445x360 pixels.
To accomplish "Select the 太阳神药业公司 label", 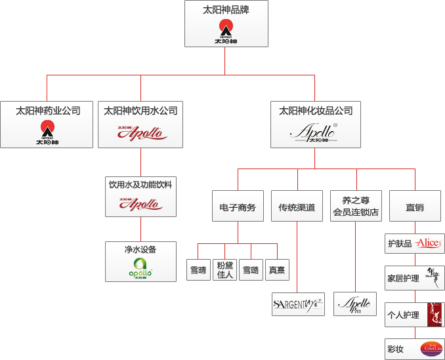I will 48,111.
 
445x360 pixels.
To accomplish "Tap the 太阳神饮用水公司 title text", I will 141,111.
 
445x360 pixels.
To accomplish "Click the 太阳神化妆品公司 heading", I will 316,111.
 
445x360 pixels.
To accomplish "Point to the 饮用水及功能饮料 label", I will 140,185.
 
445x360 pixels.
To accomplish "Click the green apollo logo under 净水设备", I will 140,268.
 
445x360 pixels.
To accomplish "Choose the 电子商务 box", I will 238,207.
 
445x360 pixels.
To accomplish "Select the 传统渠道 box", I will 297,207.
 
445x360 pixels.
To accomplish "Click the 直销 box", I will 415,207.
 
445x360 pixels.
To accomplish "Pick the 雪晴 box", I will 199,270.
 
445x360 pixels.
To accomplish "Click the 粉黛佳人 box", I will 225,270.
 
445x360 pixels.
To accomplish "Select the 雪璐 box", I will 251,270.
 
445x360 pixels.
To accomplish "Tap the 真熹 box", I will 277,270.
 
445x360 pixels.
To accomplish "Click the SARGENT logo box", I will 298,305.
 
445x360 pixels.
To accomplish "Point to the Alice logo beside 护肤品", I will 429,243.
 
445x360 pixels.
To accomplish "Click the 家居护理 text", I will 403,279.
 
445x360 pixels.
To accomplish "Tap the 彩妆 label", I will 395,349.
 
